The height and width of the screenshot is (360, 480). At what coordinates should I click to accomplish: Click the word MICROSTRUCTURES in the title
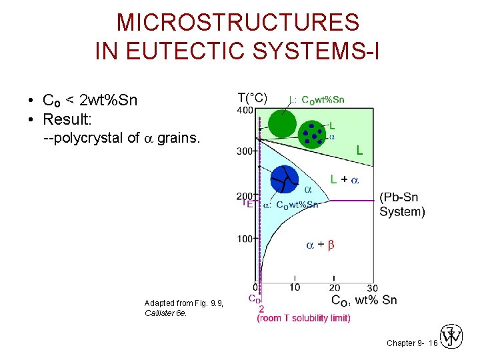tap(238, 23)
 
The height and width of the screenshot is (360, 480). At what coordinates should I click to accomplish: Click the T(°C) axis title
tap(253, 98)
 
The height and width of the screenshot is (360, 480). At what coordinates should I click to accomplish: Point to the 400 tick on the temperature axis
tap(245, 110)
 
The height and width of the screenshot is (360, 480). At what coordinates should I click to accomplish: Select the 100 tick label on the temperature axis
tap(245, 239)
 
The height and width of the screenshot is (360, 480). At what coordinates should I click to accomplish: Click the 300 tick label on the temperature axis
tap(245, 151)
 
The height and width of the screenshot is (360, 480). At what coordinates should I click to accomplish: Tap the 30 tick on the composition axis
tap(372, 287)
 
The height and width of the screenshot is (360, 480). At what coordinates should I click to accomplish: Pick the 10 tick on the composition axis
tap(294, 287)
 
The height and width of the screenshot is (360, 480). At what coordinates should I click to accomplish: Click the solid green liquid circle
tap(282, 123)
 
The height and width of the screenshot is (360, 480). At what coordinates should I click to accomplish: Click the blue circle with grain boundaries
tap(285, 179)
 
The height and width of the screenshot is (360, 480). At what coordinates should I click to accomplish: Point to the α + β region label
tap(320, 245)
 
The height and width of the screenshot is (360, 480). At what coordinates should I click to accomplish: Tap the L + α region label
tap(345, 179)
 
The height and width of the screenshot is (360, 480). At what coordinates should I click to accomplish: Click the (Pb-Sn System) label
tap(402, 205)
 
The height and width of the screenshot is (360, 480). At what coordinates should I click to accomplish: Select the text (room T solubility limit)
tap(303, 318)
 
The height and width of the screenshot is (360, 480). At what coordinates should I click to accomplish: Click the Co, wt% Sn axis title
tap(363, 300)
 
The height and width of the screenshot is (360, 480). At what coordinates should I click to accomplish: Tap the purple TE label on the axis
tap(248, 203)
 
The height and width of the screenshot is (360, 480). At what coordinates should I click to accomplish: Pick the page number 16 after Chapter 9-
tap(433, 343)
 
